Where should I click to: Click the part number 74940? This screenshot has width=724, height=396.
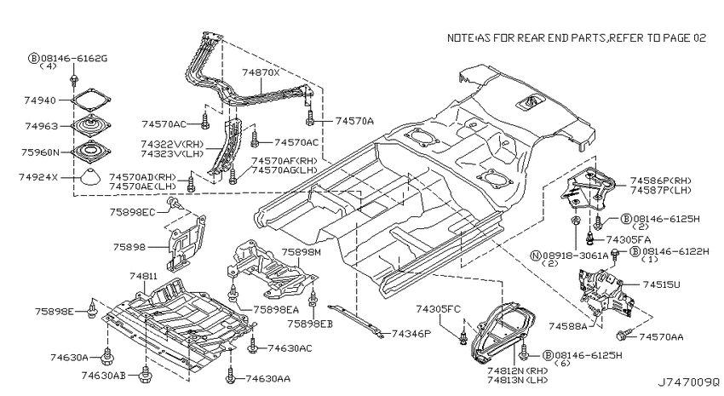40,100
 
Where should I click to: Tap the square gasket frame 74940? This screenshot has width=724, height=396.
92,100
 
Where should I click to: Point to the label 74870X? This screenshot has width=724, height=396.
261,72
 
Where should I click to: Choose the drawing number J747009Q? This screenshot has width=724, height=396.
688,382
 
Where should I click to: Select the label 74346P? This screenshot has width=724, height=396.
411,333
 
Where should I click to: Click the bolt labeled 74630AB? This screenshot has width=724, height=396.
147,375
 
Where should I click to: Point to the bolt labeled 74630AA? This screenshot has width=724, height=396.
230,376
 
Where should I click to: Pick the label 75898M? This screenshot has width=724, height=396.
301,252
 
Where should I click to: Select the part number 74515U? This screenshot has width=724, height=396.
661,284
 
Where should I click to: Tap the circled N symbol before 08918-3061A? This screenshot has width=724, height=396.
536,255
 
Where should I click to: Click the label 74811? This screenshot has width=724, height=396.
143,277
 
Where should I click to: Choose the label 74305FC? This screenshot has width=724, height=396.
438,309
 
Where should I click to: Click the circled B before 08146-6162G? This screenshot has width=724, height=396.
34,58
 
